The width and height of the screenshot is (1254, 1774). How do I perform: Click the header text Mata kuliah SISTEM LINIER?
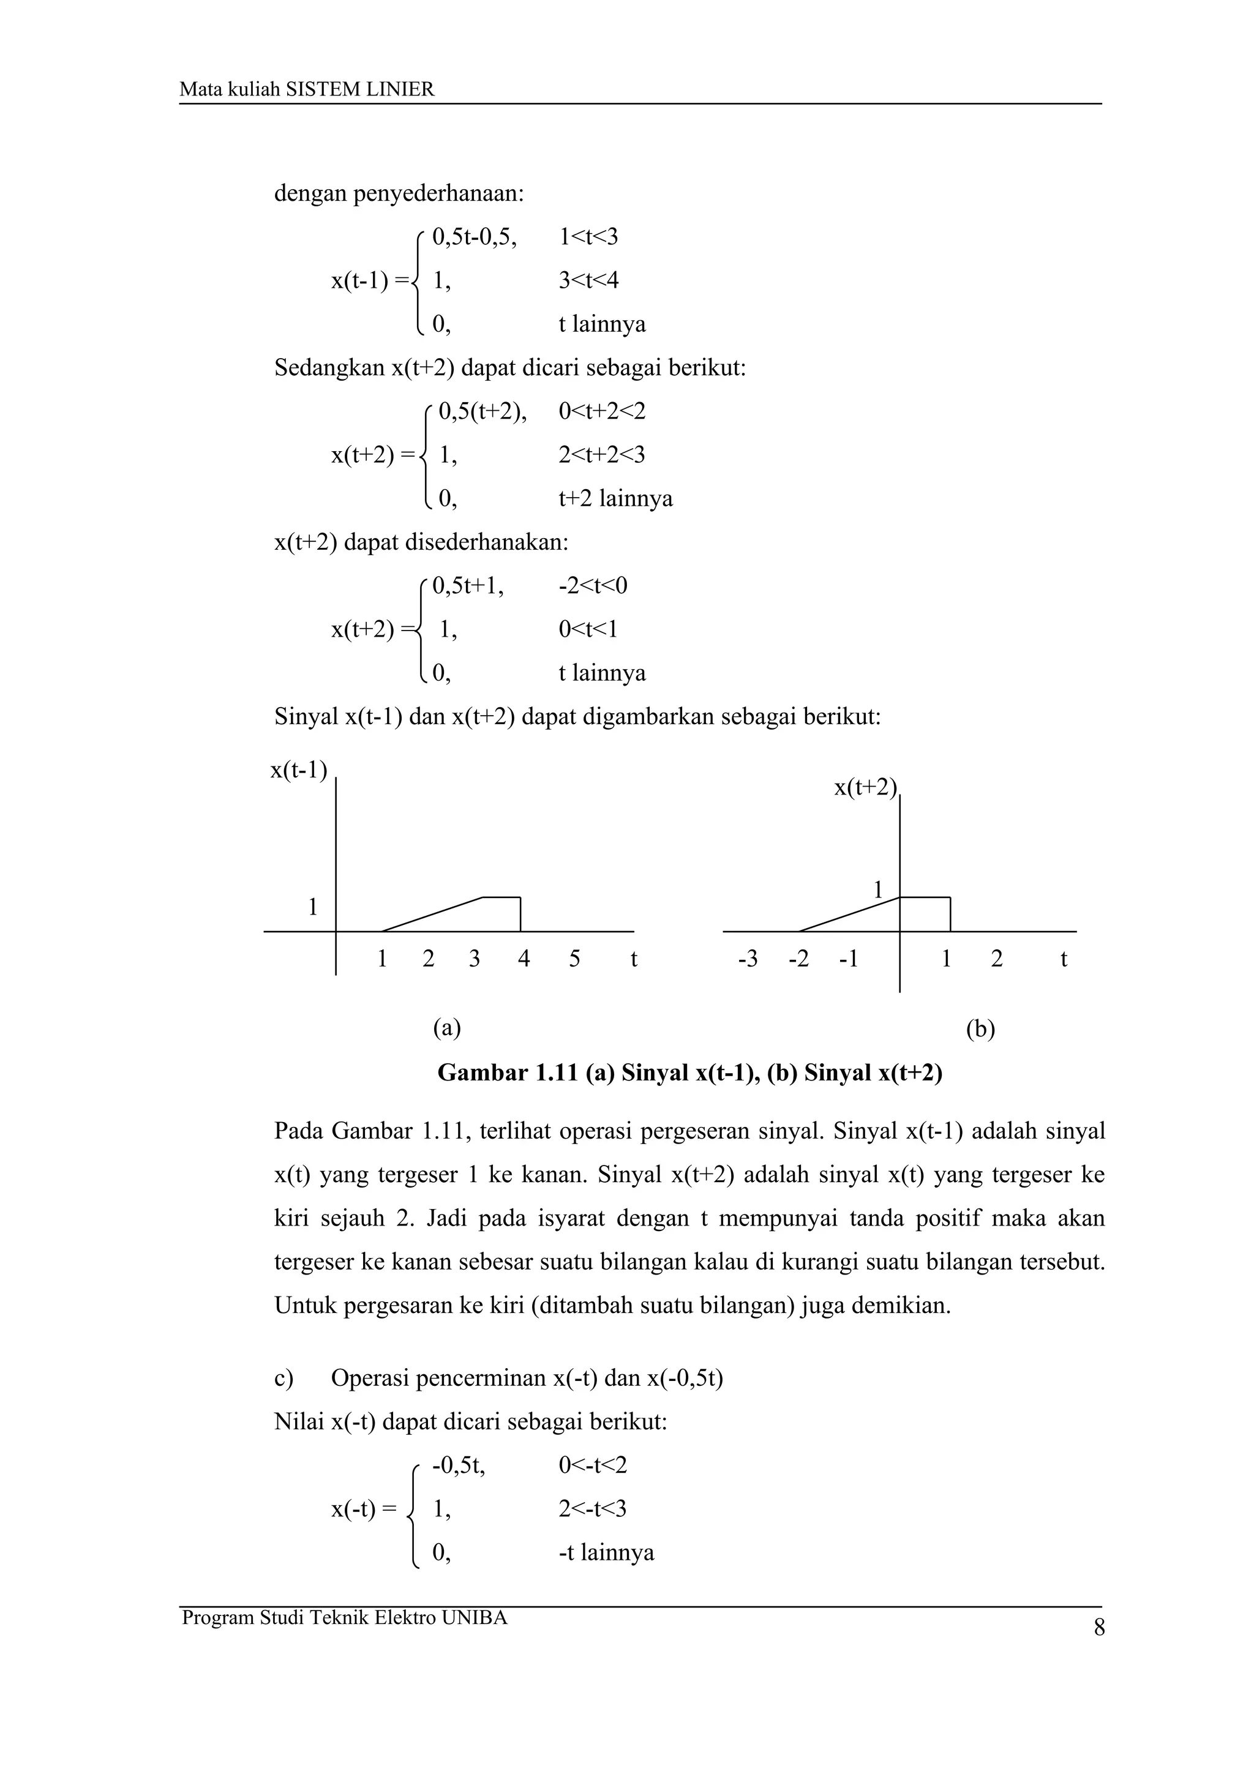tap(307, 89)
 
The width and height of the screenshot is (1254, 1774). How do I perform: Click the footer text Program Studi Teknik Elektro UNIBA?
tap(345, 1618)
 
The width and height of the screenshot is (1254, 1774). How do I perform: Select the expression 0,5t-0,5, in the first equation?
tap(474, 236)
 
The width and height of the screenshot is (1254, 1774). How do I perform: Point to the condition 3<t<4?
tap(588, 280)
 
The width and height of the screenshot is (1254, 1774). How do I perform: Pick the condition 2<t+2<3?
tap(601, 454)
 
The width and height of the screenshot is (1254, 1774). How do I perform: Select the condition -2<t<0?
tap(593, 586)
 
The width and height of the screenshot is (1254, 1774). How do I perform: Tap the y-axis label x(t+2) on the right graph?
tap(865, 787)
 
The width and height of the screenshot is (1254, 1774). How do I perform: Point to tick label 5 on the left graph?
tap(574, 960)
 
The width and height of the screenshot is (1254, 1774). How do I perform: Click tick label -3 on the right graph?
tap(747, 960)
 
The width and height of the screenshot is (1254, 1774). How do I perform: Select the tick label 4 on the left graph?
tap(524, 960)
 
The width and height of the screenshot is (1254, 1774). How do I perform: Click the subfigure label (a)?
tap(446, 1028)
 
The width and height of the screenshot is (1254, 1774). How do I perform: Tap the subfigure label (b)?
tap(980, 1029)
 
